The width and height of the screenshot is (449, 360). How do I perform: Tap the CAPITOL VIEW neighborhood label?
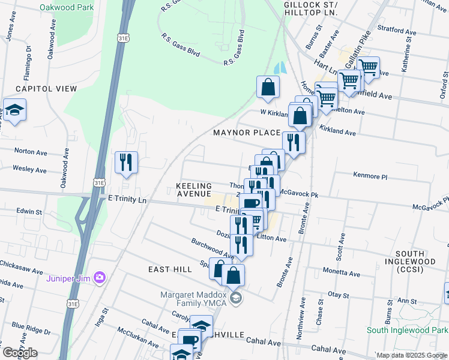[46, 89]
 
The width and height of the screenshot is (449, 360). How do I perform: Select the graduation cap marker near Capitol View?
[13, 111]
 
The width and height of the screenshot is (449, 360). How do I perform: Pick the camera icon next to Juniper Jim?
[100, 277]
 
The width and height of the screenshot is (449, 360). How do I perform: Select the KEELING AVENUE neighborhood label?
[194, 190]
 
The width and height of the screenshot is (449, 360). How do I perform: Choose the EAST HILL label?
[170, 270]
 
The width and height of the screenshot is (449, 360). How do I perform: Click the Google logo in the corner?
[20, 353]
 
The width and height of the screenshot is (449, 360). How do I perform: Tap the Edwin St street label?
[29, 212]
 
